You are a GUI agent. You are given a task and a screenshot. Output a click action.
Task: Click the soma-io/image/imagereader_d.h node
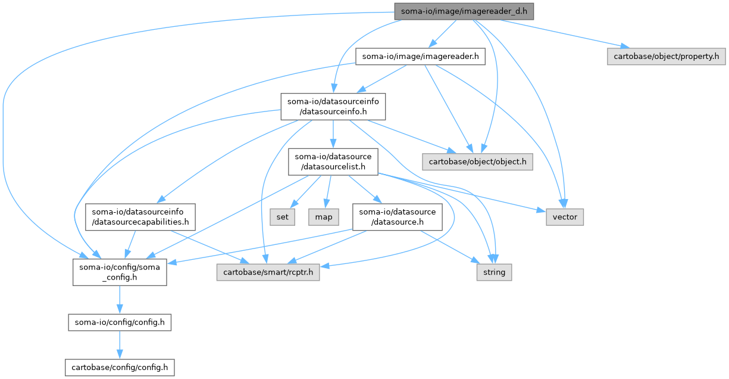click(464, 11)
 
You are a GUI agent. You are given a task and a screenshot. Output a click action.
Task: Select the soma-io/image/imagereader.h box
click(420, 57)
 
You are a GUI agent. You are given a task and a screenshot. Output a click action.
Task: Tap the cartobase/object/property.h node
click(666, 57)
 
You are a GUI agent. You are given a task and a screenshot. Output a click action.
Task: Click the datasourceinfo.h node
click(333, 106)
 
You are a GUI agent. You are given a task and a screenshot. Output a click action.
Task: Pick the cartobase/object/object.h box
click(477, 161)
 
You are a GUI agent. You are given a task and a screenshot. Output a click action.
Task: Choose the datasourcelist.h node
click(333, 161)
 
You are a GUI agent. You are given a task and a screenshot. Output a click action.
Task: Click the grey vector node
click(565, 217)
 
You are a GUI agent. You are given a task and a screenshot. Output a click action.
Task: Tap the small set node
click(283, 217)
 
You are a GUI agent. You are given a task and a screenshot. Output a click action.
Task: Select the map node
click(324, 217)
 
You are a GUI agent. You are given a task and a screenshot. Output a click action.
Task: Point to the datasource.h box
click(397, 217)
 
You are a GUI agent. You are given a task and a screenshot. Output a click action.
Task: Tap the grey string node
click(494, 272)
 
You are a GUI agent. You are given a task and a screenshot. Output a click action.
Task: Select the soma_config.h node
click(120, 272)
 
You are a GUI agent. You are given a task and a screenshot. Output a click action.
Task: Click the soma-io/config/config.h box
click(120, 323)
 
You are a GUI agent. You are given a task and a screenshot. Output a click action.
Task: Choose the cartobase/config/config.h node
click(120, 367)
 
